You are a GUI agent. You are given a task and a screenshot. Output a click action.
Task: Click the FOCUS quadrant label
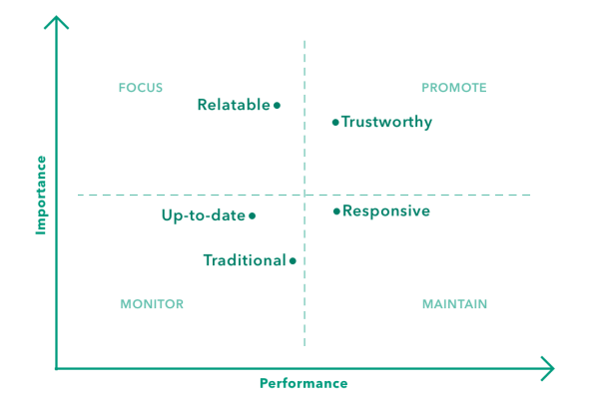140,88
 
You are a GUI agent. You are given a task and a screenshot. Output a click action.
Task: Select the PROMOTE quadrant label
453,88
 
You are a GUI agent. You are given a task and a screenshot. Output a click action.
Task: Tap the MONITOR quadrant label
151,304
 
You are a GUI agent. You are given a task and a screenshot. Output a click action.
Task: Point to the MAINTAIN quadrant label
454,304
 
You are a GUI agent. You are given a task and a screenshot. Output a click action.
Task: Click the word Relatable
234,104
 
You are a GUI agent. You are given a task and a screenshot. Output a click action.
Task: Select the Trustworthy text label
387,122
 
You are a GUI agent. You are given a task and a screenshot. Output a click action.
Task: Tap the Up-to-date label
203,214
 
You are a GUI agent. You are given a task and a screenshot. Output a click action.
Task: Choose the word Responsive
386,211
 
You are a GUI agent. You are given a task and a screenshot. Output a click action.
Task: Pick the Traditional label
244,260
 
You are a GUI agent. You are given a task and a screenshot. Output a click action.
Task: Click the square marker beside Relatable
277,104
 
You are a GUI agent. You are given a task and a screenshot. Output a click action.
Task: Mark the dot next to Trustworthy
334,122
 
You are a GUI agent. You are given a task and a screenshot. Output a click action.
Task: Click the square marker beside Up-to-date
252,214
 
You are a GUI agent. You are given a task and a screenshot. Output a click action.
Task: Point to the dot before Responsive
335,211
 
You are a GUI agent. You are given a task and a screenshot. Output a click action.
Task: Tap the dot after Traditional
293,260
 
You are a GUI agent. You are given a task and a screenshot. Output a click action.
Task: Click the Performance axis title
303,383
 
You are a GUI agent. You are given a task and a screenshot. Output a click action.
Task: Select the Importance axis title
42,194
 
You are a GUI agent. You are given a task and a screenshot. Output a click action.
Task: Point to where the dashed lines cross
304,195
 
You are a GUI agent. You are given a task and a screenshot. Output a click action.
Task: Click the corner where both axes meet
57,368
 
